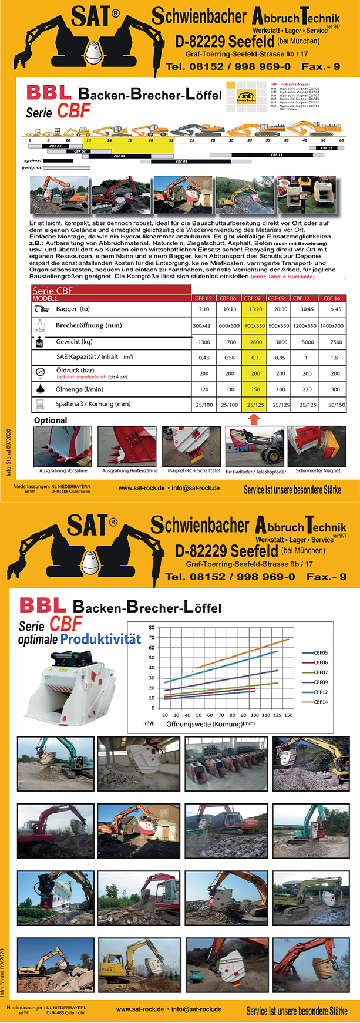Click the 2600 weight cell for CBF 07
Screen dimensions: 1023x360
pos(255,342)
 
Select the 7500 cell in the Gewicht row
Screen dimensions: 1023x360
pos(336,342)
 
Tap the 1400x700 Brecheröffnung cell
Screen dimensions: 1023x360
pos(332,325)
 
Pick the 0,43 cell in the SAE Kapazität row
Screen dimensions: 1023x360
pos(204,358)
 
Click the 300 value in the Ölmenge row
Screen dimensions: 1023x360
pos(335,389)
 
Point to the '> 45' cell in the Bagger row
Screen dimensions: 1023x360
pos(335,309)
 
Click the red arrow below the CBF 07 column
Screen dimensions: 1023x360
pos(254,419)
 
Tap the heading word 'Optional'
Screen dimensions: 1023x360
pos(51,420)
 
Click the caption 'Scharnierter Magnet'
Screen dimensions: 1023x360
pos(318,470)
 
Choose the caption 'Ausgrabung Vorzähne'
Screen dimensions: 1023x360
pos(63,470)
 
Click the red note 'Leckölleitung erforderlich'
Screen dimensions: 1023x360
pos(81,377)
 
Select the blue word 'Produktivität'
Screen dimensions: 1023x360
pos(100,639)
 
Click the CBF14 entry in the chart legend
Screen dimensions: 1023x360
pos(321,702)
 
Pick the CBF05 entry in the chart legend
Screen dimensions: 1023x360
pos(321,652)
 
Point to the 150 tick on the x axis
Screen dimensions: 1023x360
pos(288,715)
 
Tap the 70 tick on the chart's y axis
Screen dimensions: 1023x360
pos(152,637)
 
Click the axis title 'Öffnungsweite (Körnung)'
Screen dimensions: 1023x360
pos(204,724)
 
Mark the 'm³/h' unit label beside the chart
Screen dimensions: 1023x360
pos(149,723)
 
